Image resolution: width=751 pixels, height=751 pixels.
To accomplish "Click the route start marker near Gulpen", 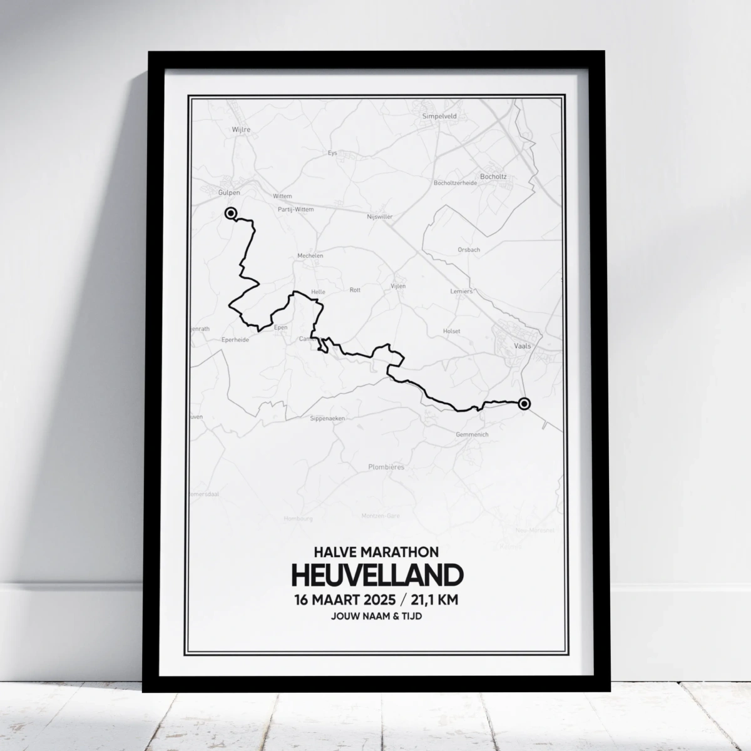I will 231,213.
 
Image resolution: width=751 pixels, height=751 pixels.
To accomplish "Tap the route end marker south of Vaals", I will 524,404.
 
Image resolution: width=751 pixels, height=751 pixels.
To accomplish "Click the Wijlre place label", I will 223,130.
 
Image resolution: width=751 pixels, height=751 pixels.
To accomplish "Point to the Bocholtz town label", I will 493,176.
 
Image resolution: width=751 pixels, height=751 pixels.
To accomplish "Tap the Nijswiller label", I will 380,217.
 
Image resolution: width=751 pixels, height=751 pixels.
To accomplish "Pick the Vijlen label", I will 398,286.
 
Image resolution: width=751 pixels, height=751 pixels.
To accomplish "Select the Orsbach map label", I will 469,249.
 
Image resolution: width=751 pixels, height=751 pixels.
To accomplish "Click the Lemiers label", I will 462,291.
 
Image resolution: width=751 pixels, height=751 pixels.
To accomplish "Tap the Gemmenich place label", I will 473,434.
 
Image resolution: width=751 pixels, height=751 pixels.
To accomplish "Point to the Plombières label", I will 386,467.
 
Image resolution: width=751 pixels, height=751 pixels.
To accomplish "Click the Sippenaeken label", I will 327,419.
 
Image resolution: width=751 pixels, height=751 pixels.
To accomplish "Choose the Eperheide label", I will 235,340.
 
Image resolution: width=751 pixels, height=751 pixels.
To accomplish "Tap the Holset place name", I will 451,331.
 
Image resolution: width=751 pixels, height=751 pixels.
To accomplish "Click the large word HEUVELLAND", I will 376,575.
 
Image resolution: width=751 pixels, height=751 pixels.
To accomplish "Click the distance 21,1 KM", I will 435,600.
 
